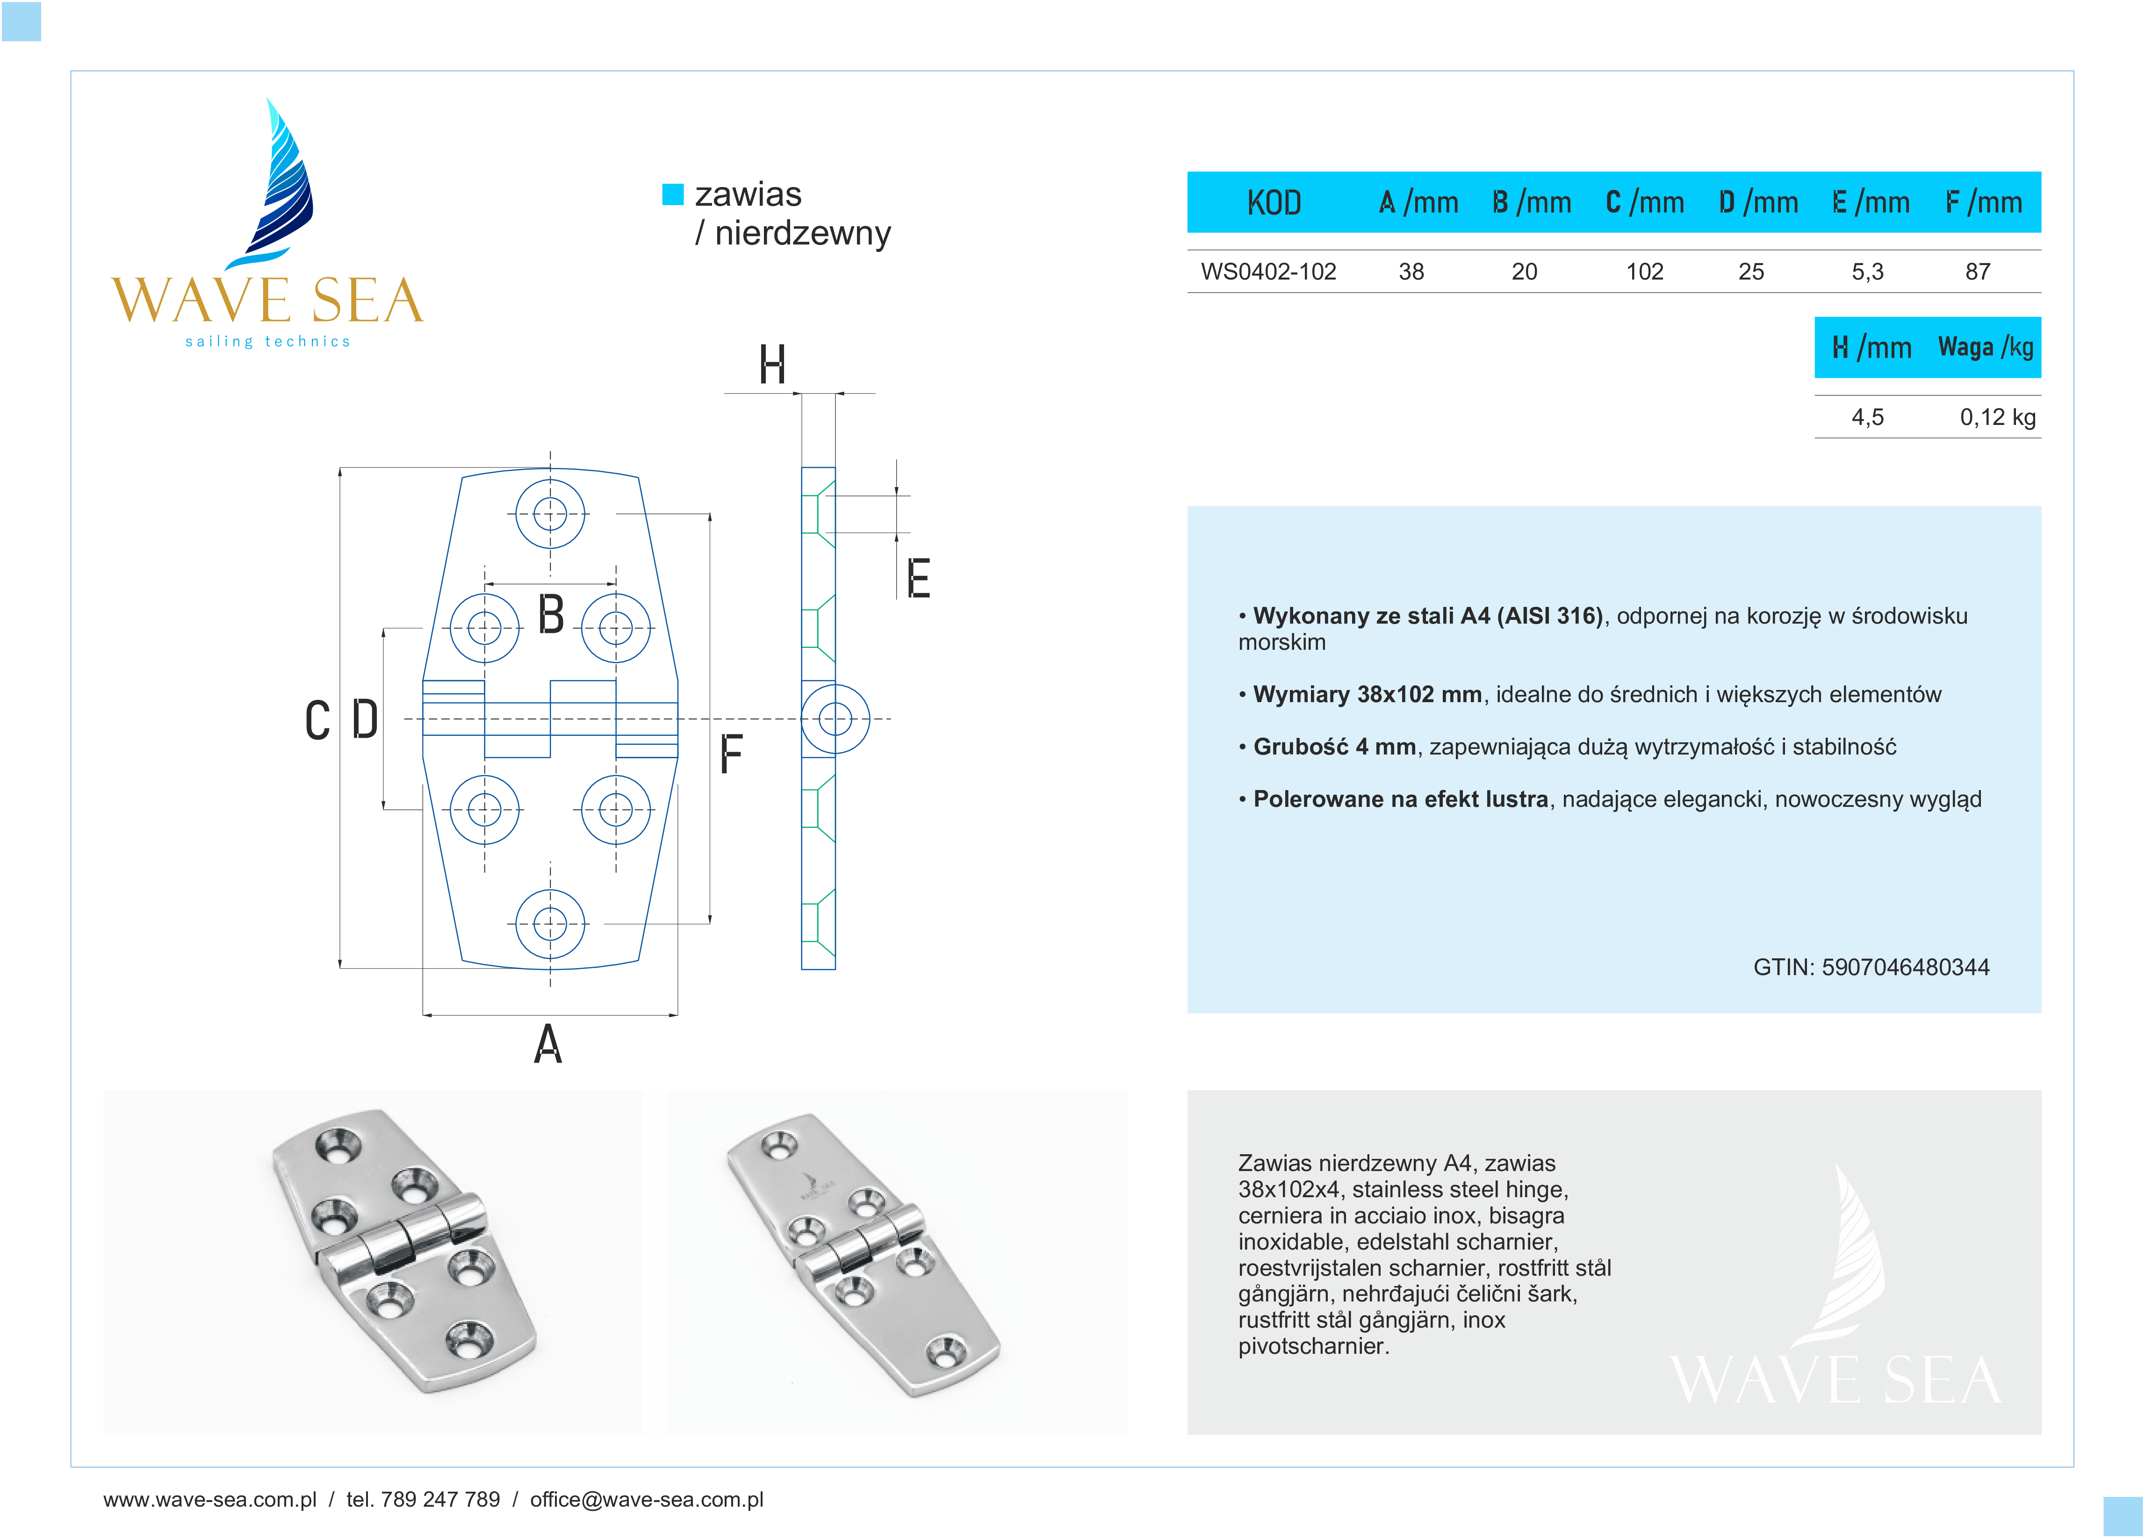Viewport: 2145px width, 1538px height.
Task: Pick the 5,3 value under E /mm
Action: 1867,272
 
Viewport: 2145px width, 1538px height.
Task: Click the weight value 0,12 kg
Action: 1996,417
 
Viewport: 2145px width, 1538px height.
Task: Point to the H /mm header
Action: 1871,347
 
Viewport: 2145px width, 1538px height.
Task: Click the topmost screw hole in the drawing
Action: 549,514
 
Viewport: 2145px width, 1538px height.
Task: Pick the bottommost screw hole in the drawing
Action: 549,923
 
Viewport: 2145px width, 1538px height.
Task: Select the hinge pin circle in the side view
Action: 835,719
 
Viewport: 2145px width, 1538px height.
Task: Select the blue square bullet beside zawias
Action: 672,194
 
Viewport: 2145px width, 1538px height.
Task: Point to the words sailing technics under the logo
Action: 267,341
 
